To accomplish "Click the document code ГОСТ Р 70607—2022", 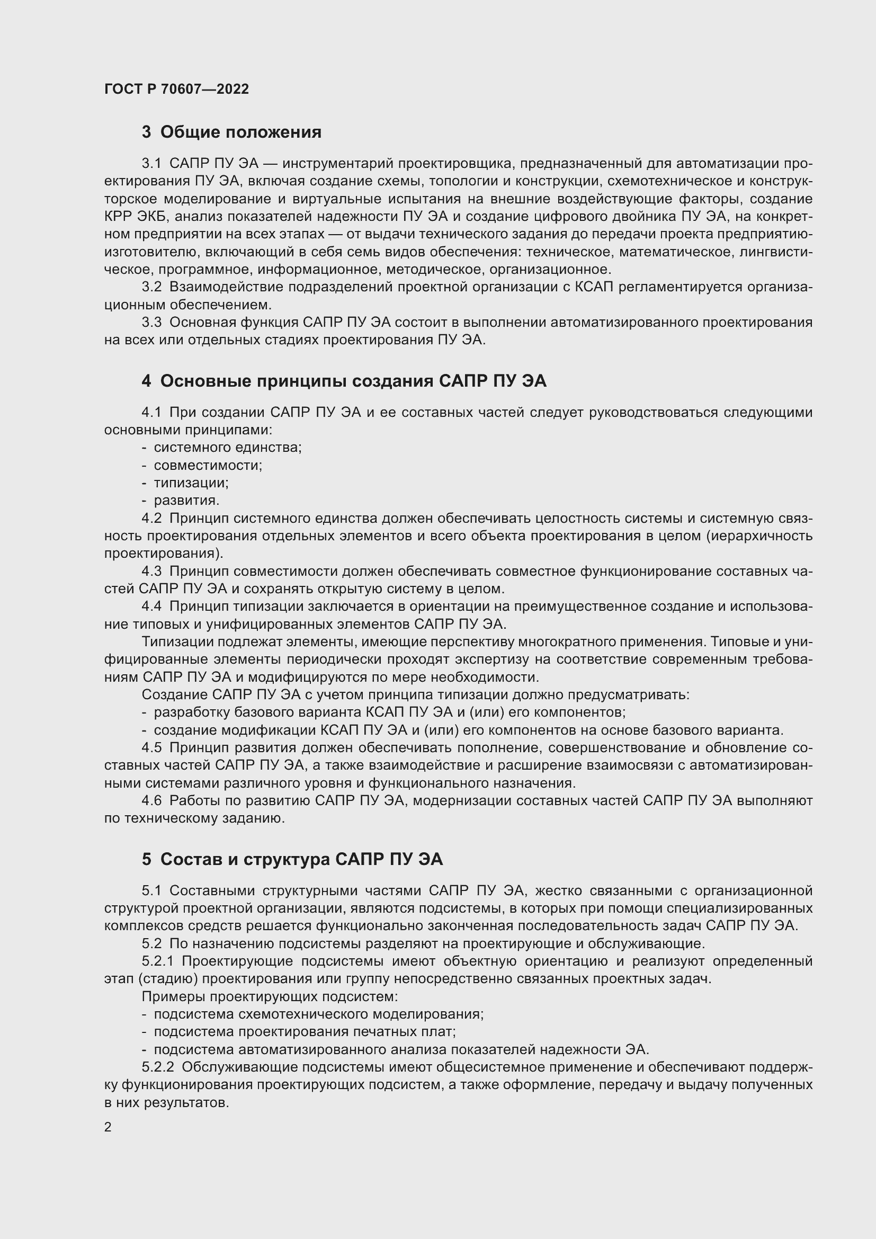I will coord(176,90).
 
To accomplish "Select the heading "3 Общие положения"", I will coord(231,132).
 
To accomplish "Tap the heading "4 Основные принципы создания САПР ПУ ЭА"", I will coord(344,381).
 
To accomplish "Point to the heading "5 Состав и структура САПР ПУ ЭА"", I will coord(292,859).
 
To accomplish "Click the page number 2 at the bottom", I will coord(108,1127).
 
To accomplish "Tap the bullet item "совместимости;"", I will coord(208,465).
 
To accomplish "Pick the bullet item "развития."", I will coord(186,500).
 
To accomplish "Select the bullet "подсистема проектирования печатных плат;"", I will coord(305,1032).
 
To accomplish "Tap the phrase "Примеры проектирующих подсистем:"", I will coord(270,996).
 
